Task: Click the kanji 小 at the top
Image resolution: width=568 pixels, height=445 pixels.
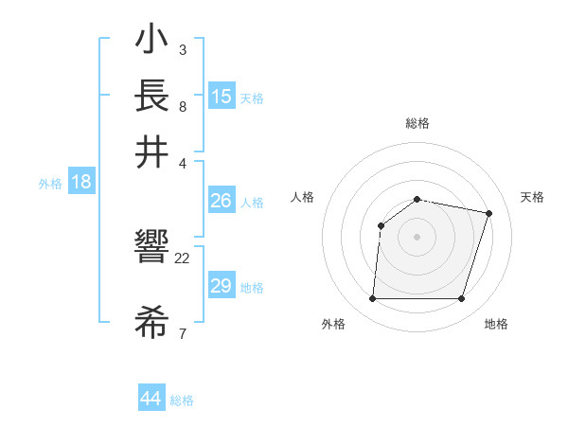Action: tap(151, 42)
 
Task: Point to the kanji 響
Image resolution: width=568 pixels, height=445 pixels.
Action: tap(151, 250)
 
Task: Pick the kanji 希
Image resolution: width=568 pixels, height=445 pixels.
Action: tap(151, 325)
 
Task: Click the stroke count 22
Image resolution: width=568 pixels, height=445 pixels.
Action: tap(183, 258)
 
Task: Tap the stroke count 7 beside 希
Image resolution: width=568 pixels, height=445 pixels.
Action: tap(183, 332)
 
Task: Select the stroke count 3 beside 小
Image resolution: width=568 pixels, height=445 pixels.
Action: tap(183, 49)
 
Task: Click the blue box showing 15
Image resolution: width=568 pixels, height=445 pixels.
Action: tap(221, 96)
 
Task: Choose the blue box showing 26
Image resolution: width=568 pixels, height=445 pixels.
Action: tap(221, 201)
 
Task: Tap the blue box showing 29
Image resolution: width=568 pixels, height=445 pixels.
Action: tap(221, 286)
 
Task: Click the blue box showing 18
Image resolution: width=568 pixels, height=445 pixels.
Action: tap(80, 182)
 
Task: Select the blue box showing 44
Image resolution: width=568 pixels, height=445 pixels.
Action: tap(151, 399)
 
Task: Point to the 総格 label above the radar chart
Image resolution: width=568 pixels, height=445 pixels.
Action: tap(417, 123)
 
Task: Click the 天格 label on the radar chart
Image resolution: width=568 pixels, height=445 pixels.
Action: tap(532, 197)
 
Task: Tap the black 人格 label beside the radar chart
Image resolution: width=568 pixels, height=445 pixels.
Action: tap(303, 197)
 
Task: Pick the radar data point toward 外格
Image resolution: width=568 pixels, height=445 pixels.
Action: tap(372, 299)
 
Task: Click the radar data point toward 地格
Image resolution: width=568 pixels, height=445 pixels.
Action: tap(462, 299)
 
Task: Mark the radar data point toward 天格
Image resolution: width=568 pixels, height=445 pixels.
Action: tap(489, 213)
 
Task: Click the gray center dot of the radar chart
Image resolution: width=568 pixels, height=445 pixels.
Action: tap(417, 236)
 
